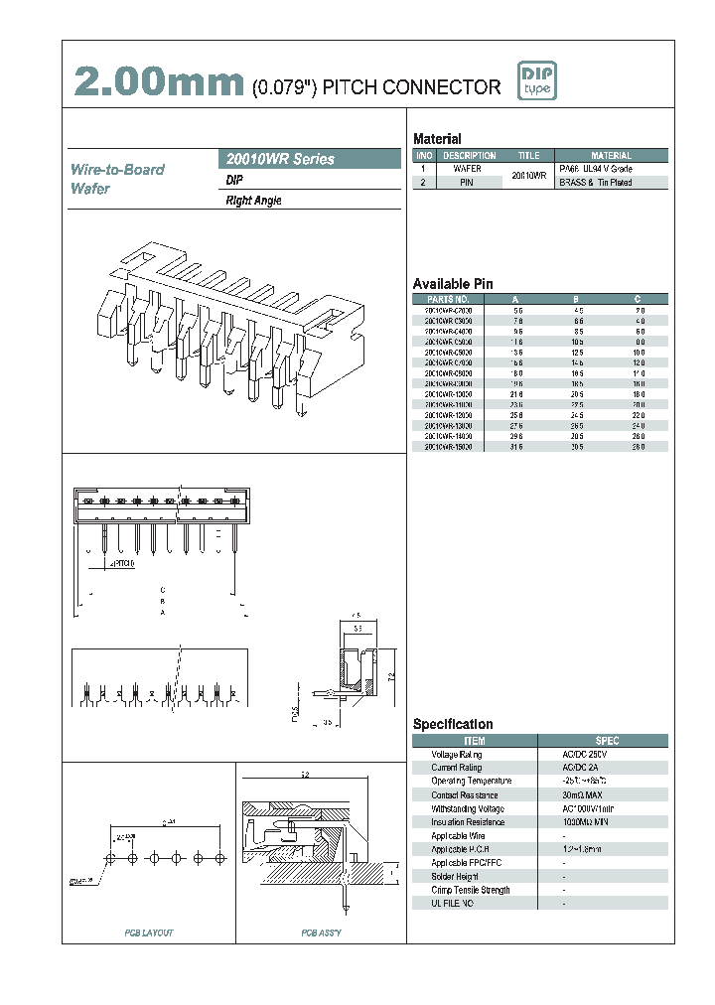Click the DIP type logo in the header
tap(537, 80)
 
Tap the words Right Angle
tap(254, 201)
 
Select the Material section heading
tap(437, 139)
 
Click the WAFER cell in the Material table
tap(468, 169)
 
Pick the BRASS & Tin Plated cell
tap(596, 183)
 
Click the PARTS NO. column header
tap(448, 299)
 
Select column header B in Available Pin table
tap(576, 299)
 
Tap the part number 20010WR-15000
tap(448, 447)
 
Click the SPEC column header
tap(607, 741)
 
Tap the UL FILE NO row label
tap(452, 904)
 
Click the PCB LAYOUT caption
tap(149, 933)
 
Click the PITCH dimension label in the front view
tap(124, 563)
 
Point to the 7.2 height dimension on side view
tap(392, 676)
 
